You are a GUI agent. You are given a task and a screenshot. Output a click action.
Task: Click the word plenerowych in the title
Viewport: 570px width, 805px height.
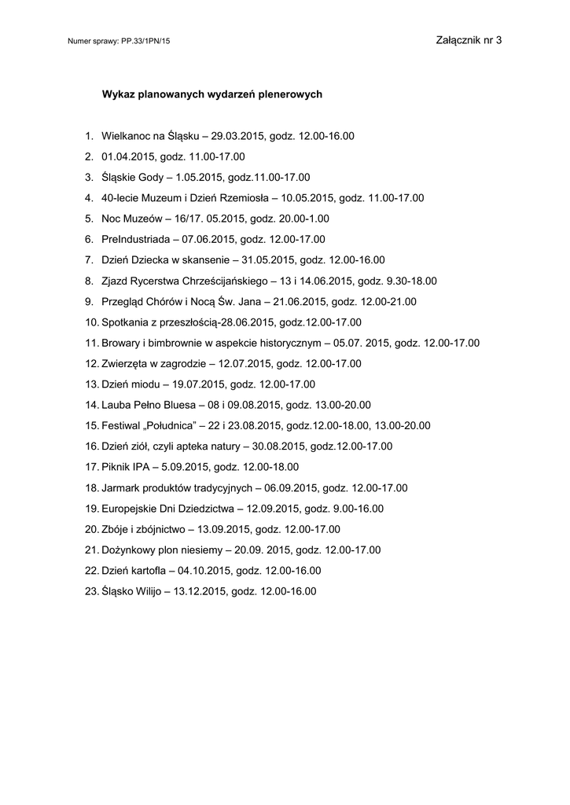pyautogui.click(x=283, y=94)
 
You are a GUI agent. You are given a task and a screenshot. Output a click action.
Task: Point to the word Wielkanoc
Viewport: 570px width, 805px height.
pyautogui.click(x=128, y=136)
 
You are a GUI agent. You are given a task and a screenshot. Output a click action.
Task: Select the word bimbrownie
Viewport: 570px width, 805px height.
pyautogui.click(x=182, y=343)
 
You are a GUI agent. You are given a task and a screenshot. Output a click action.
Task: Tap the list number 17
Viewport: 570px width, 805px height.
pyautogui.click(x=90, y=467)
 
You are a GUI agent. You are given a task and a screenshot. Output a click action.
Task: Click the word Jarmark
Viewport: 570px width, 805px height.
pyautogui.click(x=121, y=487)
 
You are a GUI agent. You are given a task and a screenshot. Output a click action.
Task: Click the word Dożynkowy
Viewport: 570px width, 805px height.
pyautogui.click(x=130, y=550)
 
